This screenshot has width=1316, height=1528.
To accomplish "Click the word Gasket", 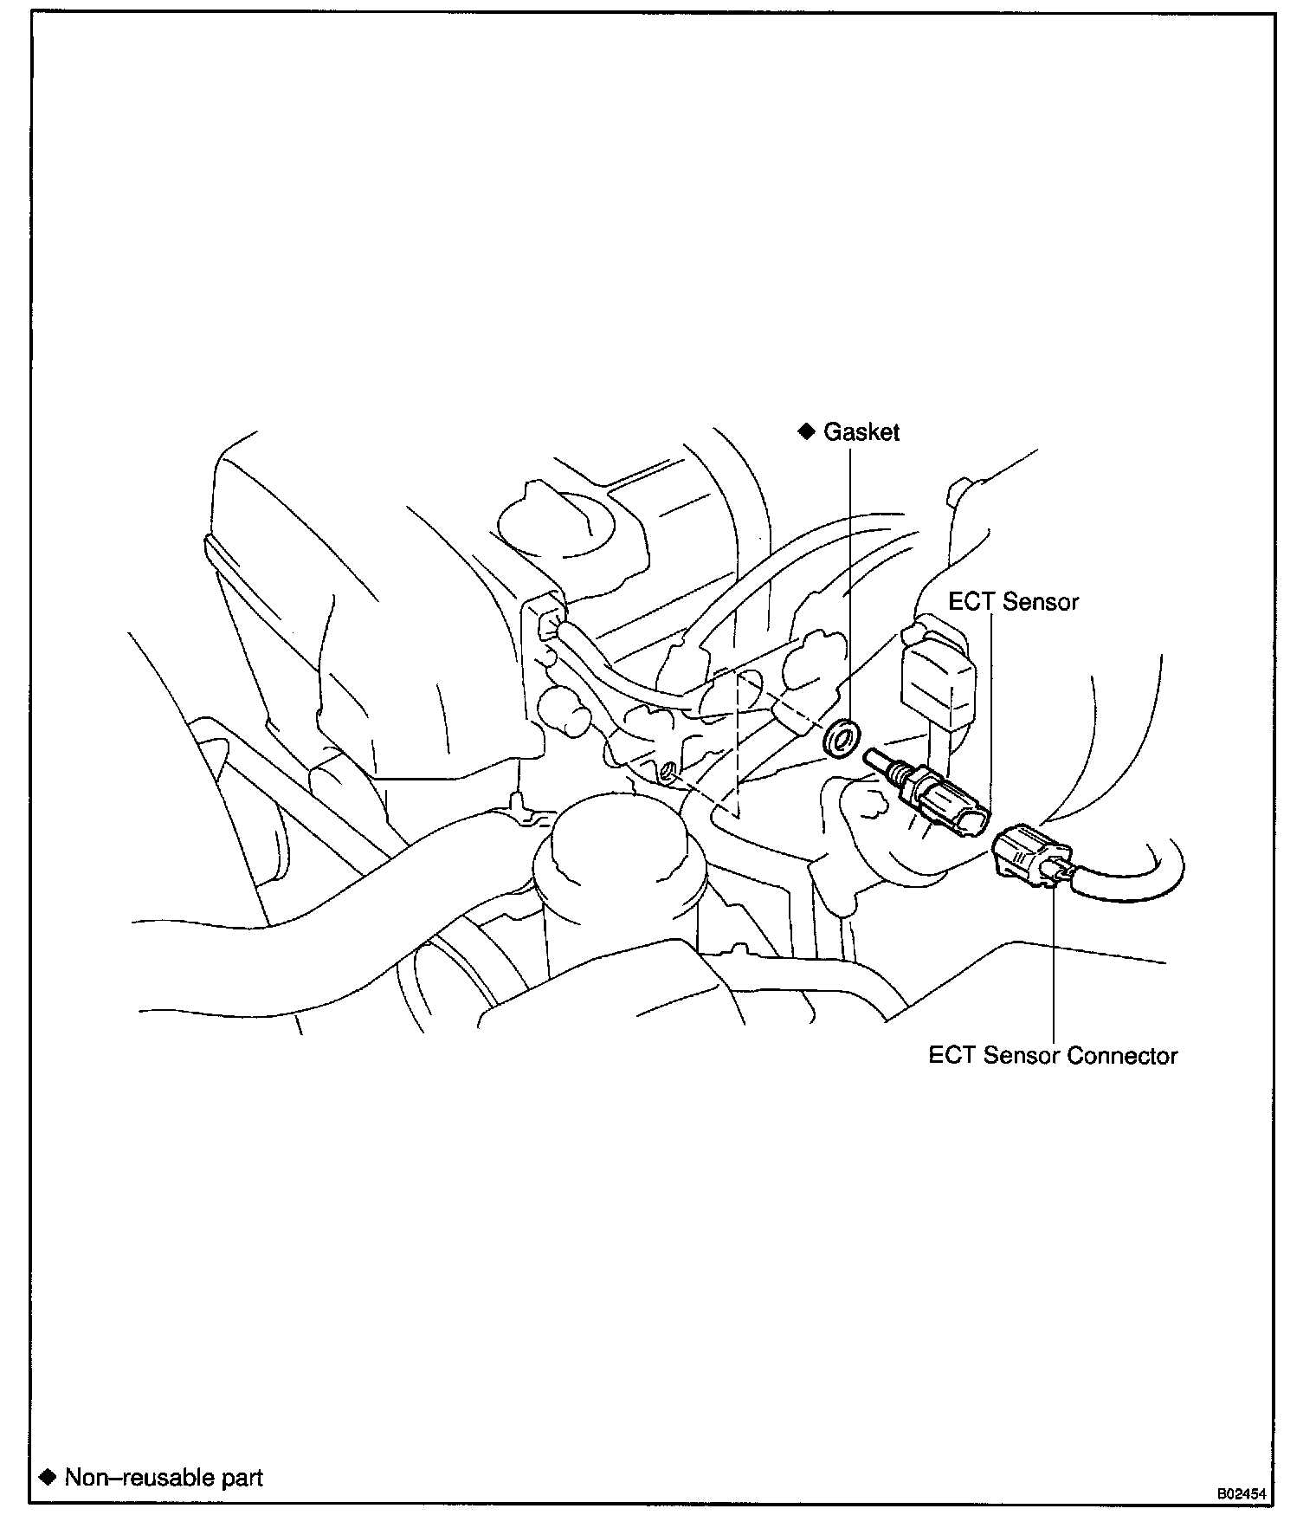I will pos(861,431).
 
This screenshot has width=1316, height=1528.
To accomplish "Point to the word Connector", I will pos(1122,1056).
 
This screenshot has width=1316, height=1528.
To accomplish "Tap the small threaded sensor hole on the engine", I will pos(668,770).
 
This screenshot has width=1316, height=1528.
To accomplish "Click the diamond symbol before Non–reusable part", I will pos(48,1476).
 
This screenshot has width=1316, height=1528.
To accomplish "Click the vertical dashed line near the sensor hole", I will pos(737,745).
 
